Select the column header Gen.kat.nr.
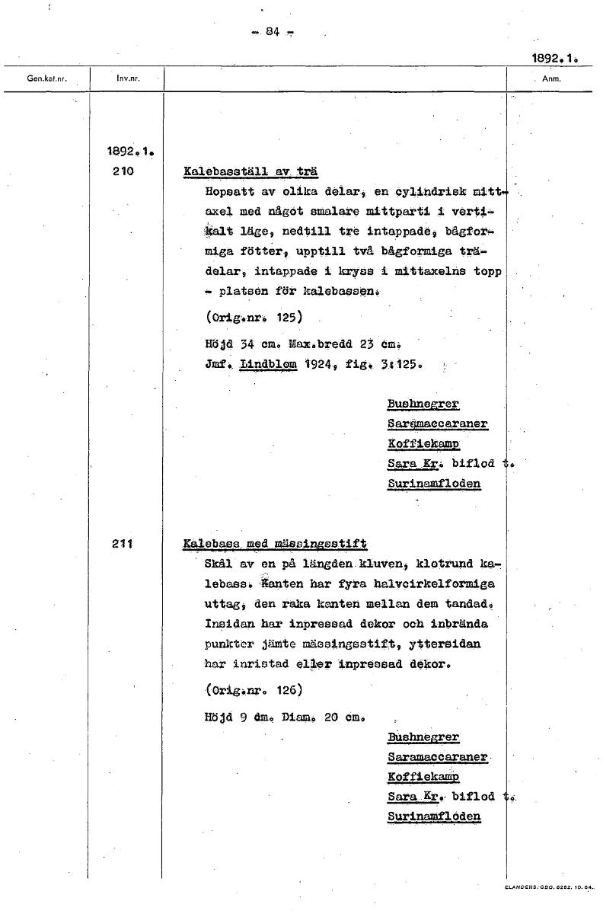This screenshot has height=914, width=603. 43,78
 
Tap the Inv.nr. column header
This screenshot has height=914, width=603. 126,78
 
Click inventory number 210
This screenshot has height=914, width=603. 122,172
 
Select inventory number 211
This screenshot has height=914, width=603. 122,544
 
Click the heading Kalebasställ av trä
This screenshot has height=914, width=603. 250,172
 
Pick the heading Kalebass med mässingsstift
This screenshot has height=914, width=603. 275,544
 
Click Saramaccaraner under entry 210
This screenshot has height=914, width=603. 437,423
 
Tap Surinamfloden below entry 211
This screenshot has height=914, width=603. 434,817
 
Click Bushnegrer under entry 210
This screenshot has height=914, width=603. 423,404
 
